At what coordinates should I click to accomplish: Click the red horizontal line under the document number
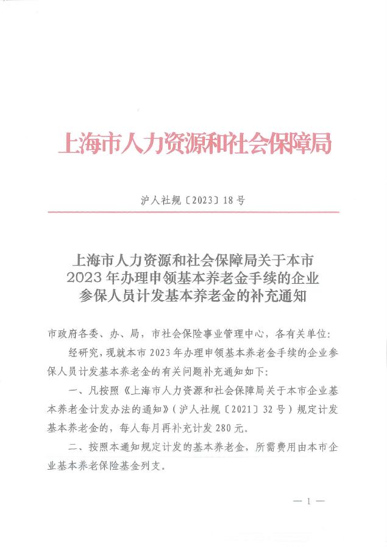(194, 212)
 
